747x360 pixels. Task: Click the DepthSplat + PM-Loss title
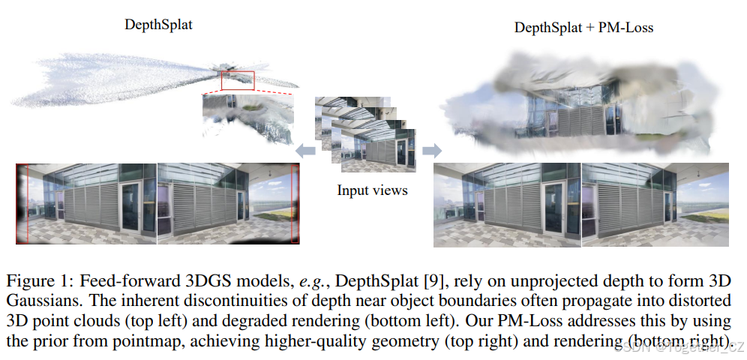(x=583, y=28)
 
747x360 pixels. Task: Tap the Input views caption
(x=372, y=190)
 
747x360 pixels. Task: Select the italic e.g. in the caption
(x=310, y=283)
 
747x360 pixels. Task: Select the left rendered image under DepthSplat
(x=86, y=204)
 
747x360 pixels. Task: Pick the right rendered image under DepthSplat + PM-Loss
(x=655, y=205)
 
